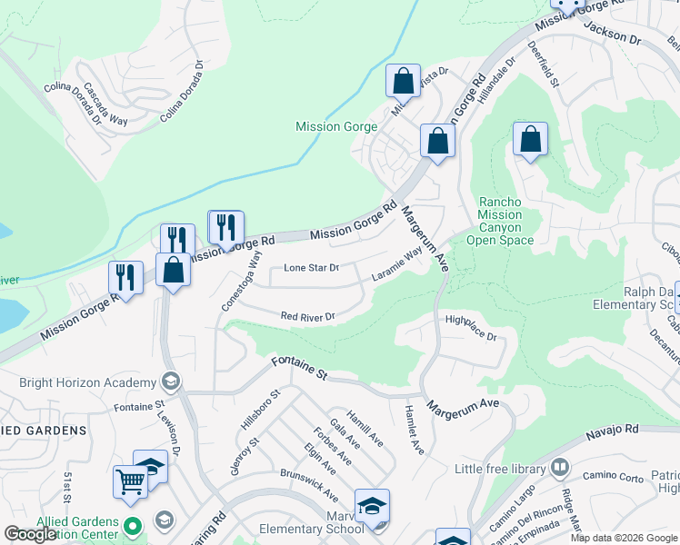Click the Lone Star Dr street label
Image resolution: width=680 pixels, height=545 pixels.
pos(311,268)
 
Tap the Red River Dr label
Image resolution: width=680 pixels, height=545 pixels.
pos(308,317)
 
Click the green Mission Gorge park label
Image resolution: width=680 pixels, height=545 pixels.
pos(335,127)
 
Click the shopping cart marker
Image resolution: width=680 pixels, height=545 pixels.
pos(130,481)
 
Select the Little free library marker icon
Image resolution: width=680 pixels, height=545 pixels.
pos(559,468)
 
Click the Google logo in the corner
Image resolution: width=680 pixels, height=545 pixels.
pos(31,534)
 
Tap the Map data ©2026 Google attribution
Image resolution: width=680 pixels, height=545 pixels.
pos(624,538)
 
